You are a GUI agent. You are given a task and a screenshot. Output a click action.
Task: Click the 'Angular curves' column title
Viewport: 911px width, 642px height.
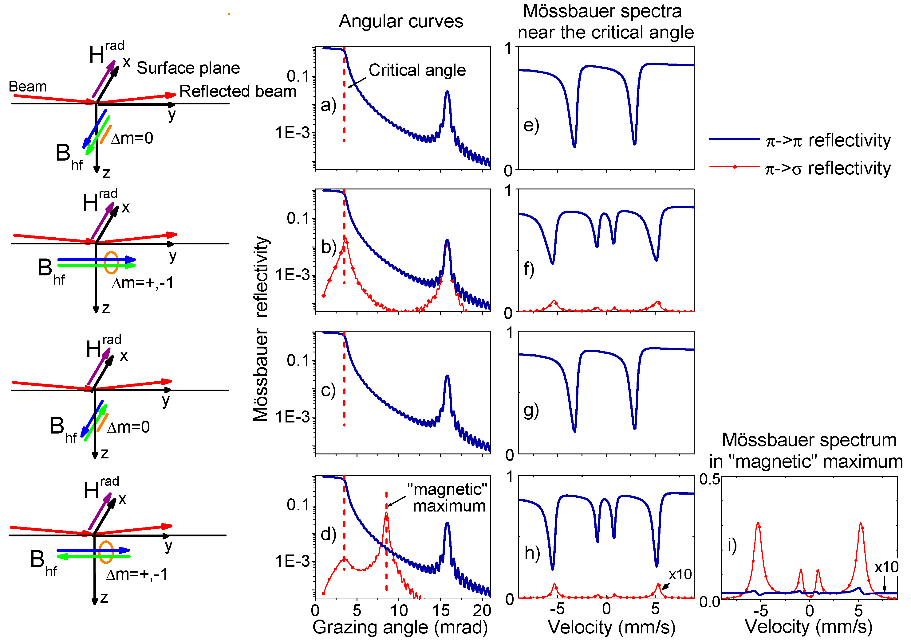coord(401,21)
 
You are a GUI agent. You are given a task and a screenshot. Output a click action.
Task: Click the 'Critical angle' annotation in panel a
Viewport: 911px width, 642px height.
coord(417,71)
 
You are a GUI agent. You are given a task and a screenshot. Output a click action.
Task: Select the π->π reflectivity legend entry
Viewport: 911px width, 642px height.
coord(799,140)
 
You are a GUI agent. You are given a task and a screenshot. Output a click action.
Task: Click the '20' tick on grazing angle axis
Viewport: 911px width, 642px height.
coord(482,611)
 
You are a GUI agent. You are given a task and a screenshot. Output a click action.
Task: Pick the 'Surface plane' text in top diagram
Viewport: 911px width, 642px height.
coord(188,68)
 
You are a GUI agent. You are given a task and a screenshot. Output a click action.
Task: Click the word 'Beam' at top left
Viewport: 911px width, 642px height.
coord(27,86)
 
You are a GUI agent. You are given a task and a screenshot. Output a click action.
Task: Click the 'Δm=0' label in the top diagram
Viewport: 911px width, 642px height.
coord(132,138)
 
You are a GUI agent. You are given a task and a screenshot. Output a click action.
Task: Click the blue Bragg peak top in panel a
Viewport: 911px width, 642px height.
coord(447,92)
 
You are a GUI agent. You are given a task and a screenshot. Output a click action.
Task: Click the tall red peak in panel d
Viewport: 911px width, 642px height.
coord(386,514)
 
